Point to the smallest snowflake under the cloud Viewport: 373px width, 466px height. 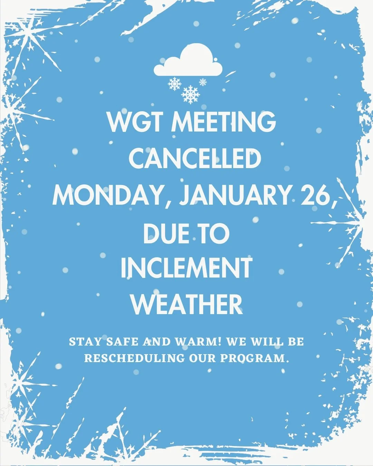pyautogui.click(x=203, y=82)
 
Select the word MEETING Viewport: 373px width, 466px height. pyautogui.click(x=224, y=122)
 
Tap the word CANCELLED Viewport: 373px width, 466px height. pyautogui.click(x=195, y=159)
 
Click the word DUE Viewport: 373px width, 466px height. pyautogui.click(x=166, y=234)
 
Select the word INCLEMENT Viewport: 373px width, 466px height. pyautogui.click(x=186, y=268)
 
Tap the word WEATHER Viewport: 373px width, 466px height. pyautogui.click(x=186, y=304)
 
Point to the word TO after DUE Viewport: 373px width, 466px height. pyautogui.click(x=213, y=234)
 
